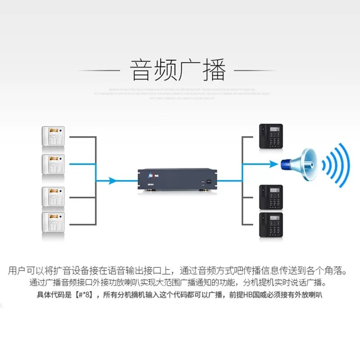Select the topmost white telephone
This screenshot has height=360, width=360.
54,136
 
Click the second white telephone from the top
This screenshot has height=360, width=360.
54,165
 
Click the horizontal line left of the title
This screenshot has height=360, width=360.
99,71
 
